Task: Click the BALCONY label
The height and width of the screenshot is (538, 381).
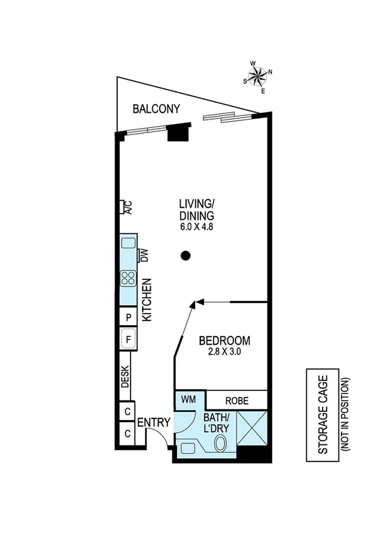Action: [x=156, y=109]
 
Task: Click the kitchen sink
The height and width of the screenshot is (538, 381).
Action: [x=129, y=242]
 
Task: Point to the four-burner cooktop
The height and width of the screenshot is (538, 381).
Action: [x=129, y=278]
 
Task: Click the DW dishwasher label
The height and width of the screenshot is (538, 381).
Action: [x=143, y=255]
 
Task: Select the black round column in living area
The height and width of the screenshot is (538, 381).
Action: [x=185, y=256]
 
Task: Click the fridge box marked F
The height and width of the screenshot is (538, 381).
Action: [x=129, y=340]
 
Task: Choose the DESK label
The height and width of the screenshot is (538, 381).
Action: [x=126, y=378]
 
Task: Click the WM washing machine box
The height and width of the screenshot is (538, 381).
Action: [x=188, y=399]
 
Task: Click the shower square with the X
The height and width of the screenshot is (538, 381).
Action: [x=252, y=428]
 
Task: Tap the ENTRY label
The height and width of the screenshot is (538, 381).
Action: [x=153, y=423]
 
